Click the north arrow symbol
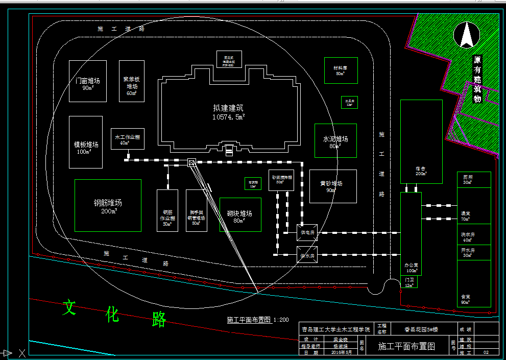coord(466,35)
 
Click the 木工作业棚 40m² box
coord(127,139)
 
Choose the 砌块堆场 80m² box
coord(240,214)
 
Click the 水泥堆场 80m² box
coord(335,140)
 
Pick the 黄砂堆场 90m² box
coord(332,186)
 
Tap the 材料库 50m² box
coord(341,70)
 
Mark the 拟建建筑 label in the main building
coord(228,108)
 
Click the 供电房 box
coord(307,232)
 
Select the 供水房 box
coord(307,255)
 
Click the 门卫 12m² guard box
coord(409,282)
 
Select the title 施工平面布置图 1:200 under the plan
coord(258,320)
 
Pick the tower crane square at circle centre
coord(191,163)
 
